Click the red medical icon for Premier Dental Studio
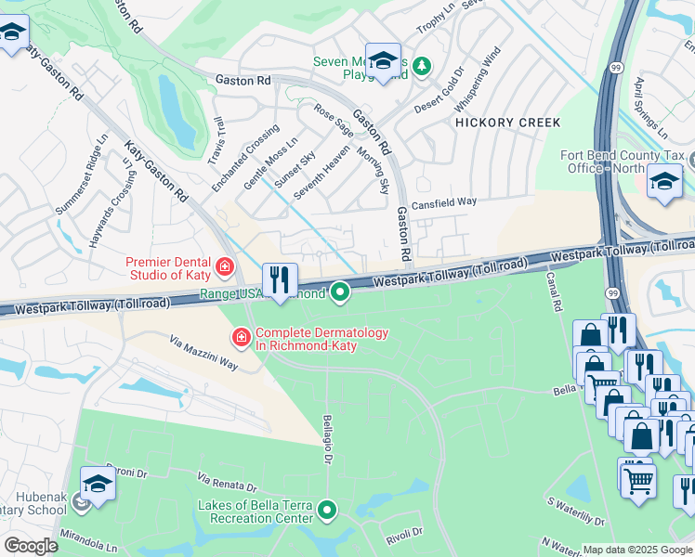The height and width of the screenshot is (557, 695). (x=224, y=268)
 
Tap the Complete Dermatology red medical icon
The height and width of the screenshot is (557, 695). (x=241, y=335)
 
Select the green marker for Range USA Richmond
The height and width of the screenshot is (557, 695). (x=341, y=292)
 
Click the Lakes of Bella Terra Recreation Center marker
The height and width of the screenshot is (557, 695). (x=327, y=510)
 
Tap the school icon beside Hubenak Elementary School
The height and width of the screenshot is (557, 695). (x=98, y=484)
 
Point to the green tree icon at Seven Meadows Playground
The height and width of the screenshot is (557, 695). (x=422, y=65)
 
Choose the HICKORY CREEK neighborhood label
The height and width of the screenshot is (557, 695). (x=507, y=123)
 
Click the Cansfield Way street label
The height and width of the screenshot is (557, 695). (x=445, y=201)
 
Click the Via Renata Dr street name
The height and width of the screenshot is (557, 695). (x=227, y=481)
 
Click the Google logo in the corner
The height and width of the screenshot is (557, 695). (x=31, y=546)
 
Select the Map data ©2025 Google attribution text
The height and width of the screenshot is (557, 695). (x=637, y=550)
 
